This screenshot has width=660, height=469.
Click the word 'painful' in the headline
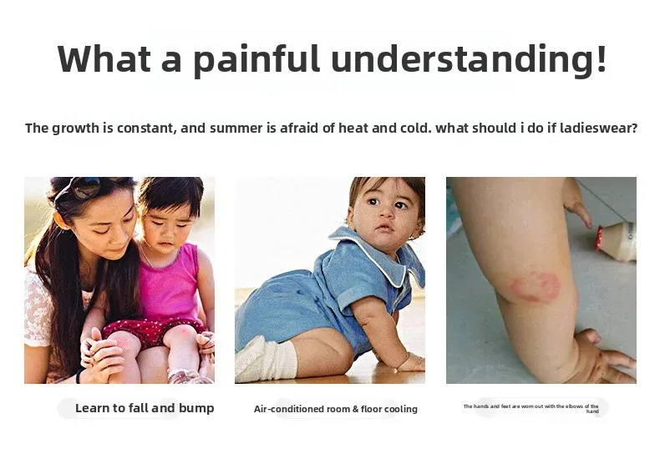pyautogui.click(x=256, y=59)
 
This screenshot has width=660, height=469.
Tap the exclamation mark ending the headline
pyautogui.click(x=601, y=58)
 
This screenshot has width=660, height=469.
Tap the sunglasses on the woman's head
pyautogui.click(x=85, y=188)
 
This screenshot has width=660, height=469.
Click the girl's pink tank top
pyautogui.click(x=169, y=285)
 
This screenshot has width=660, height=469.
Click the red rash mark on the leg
pyautogui.click(x=536, y=287)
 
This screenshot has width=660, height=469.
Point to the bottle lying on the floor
pyautogui.click(x=617, y=240)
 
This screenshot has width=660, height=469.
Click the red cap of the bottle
pyautogui.click(x=599, y=239)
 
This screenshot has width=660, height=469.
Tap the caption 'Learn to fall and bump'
pyautogui.click(x=145, y=408)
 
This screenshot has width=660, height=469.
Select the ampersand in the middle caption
pyautogui.click(x=356, y=409)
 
